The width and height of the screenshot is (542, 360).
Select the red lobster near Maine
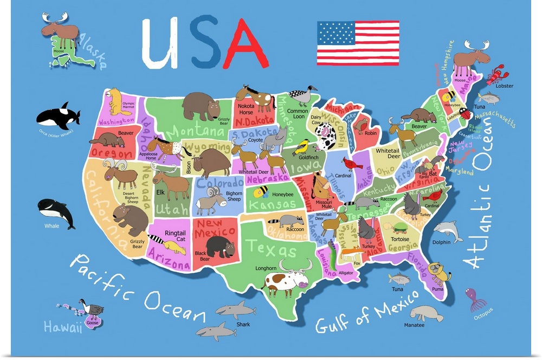pyautogui.click(x=495, y=75)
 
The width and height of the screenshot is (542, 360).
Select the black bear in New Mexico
pyautogui.click(x=220, y=247)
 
